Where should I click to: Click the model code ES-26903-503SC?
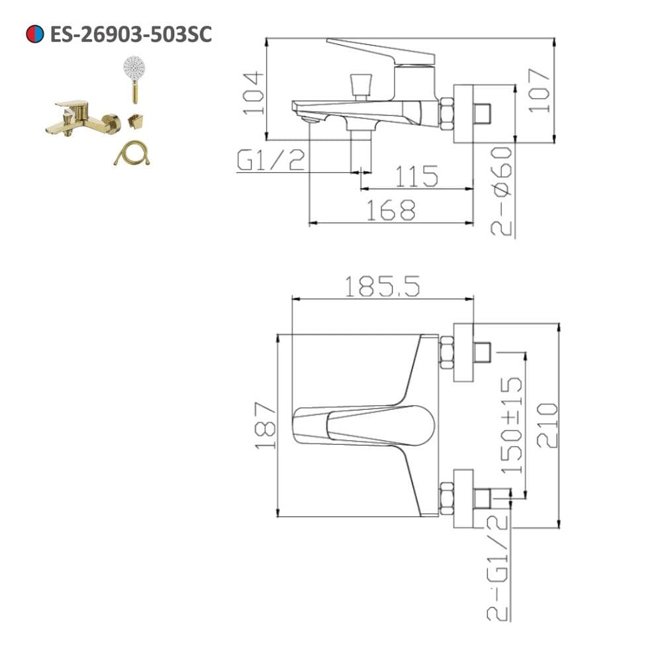point(131,34)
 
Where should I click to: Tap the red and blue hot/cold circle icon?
point(34,34)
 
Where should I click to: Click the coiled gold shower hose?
point(132,153)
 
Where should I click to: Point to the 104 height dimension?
point(253,93)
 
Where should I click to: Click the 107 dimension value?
point(539,90)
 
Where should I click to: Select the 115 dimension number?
point(416,176)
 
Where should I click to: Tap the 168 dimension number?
point(391,210)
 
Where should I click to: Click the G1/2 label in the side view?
point(271,160)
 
